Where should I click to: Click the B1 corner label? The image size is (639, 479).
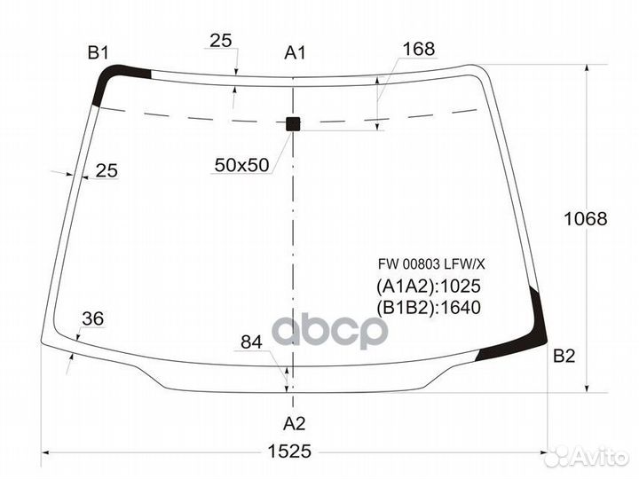click(99, 53)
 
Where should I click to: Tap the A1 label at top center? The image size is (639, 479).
click(295, 53)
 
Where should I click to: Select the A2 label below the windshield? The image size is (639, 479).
click(295, 424)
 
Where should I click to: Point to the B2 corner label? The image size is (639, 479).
click(564, 356)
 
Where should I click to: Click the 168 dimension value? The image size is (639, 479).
click(419, 49)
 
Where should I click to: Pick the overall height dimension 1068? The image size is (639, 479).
click(585, 219)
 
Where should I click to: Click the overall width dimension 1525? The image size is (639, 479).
click(289, 451)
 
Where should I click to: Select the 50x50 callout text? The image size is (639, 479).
click(241, 165)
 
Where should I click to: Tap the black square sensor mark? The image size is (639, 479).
click(293, 124)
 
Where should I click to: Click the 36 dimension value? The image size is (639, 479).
click(93, 318)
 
